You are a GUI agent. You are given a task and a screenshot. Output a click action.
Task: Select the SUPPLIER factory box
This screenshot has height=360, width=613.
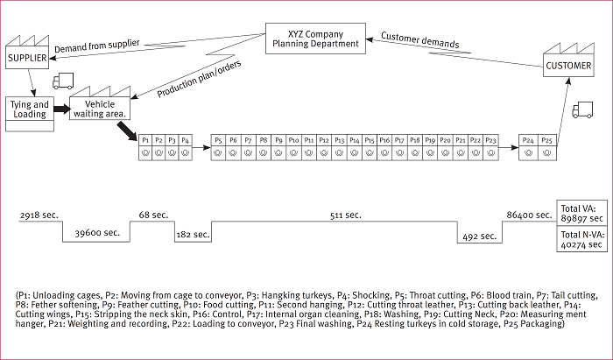(27, 58)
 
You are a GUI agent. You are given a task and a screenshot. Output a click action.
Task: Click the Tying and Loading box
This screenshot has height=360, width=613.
(29, 109)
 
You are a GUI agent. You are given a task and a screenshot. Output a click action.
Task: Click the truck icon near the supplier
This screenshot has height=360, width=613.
(62, 82)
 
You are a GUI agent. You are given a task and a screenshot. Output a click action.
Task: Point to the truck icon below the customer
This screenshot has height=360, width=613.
(581, 110)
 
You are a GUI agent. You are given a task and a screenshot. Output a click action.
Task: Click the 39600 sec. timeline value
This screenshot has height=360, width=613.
(96, 234)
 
